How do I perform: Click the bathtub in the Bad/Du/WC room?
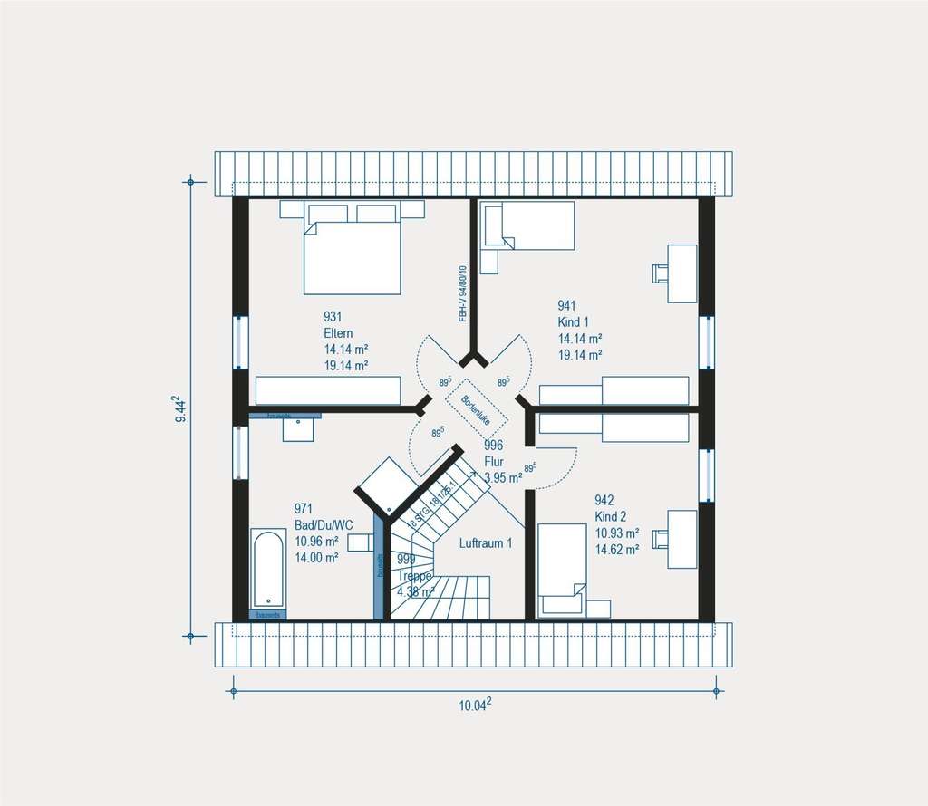[x=267, y=571]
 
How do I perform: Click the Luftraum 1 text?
[x=486, y=543]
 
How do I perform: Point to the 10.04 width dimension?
[x=475, y=705]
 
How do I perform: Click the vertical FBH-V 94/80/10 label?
[x=462, y=293]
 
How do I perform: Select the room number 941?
[x=567, y=306]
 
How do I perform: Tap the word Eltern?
[x=338, y=333]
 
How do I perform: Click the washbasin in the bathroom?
[x=298, y=428]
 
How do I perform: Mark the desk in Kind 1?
[x=681, y=273]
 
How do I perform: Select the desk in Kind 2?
[x=681, y=539]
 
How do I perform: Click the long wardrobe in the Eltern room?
[x=327, y=390]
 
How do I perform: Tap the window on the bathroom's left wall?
[x=240, y=452]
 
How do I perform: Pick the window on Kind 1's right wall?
[x=706, y=343]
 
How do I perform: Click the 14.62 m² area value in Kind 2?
[x=617, y=548]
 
